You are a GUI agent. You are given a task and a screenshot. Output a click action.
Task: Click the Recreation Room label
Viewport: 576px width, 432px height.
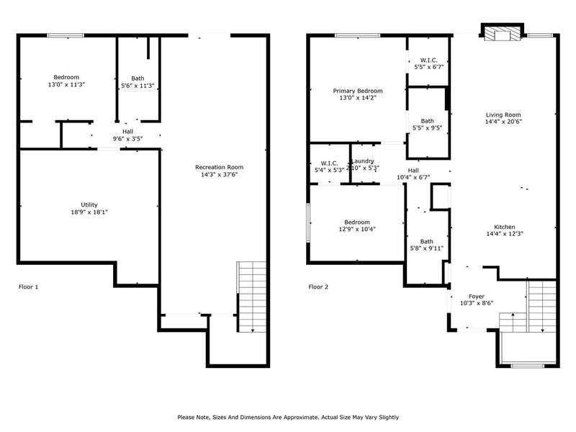[220, 167]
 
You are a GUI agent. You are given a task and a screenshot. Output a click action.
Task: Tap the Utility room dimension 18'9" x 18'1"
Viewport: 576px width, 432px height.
[89, 212]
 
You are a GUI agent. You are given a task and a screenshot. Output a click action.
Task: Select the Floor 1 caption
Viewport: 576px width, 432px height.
[28, 287]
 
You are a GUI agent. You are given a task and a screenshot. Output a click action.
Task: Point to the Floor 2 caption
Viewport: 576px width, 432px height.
[318, 287]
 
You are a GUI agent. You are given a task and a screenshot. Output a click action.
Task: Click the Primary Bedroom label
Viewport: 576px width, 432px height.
[358, 91]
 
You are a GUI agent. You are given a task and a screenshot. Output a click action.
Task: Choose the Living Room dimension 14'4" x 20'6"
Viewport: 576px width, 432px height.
[503, 122]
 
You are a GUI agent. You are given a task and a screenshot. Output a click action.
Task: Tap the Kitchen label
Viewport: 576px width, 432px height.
[505, 227]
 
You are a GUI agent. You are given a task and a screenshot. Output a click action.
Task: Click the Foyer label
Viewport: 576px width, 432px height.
[477, 296]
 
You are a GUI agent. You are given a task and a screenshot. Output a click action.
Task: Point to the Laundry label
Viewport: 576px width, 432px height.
[363, 161]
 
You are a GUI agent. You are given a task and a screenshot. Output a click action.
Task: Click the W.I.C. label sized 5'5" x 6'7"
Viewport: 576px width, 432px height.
[429, 60]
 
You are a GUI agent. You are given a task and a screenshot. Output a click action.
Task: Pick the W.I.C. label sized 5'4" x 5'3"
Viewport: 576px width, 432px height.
[330, 163]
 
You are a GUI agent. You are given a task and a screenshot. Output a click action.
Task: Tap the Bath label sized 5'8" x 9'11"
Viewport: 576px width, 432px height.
[426, 241]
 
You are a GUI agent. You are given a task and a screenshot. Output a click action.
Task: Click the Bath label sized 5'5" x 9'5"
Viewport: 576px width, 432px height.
[427, 121]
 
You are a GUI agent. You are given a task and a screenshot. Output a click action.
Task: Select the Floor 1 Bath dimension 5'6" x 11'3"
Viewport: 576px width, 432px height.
[138, 86]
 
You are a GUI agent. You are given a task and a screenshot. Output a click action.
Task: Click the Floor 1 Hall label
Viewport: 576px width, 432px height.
[128, 132]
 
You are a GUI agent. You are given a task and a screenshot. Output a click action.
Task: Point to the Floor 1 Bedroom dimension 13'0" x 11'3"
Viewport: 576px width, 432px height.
[66, 84]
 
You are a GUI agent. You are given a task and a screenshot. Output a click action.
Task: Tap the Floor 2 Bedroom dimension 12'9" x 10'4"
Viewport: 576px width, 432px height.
[357, 229]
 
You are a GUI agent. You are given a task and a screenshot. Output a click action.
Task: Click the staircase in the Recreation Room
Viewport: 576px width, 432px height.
[251, 297]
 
